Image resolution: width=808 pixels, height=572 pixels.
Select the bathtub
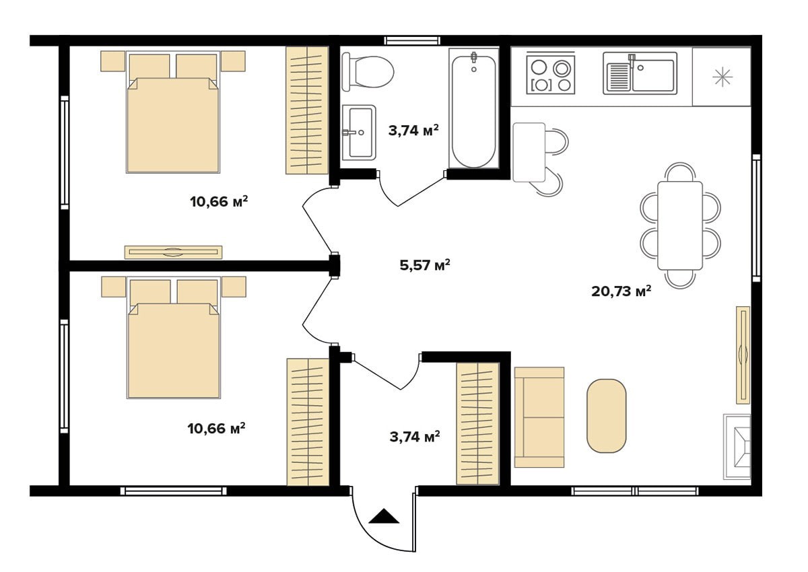tap(473, 108)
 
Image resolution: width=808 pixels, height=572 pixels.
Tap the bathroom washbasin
tap(358, 133)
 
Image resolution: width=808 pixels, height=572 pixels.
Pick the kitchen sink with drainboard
tap(640, 73)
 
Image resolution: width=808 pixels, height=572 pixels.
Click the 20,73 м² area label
tap(621, 291)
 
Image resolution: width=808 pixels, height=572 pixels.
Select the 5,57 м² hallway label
tap(425, 265)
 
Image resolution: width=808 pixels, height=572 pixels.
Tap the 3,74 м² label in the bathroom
tap(413, 130)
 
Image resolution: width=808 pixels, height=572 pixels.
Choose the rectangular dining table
tap(680, 225)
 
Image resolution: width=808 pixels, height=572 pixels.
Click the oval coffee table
tap(607, 416)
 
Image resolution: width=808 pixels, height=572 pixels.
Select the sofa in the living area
tap(539, 417)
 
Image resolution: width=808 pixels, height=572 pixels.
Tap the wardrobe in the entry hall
tap(477, 424)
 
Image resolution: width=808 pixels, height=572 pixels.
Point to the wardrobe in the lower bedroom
tap(308, 422)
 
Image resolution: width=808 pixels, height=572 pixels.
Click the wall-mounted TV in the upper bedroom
tap(173, 252)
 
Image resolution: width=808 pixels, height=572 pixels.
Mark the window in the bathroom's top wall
tap(412, 40)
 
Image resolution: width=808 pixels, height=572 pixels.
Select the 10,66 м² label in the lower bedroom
tap(216, 428)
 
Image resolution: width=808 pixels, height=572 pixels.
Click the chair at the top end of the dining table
tap(680, 172)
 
